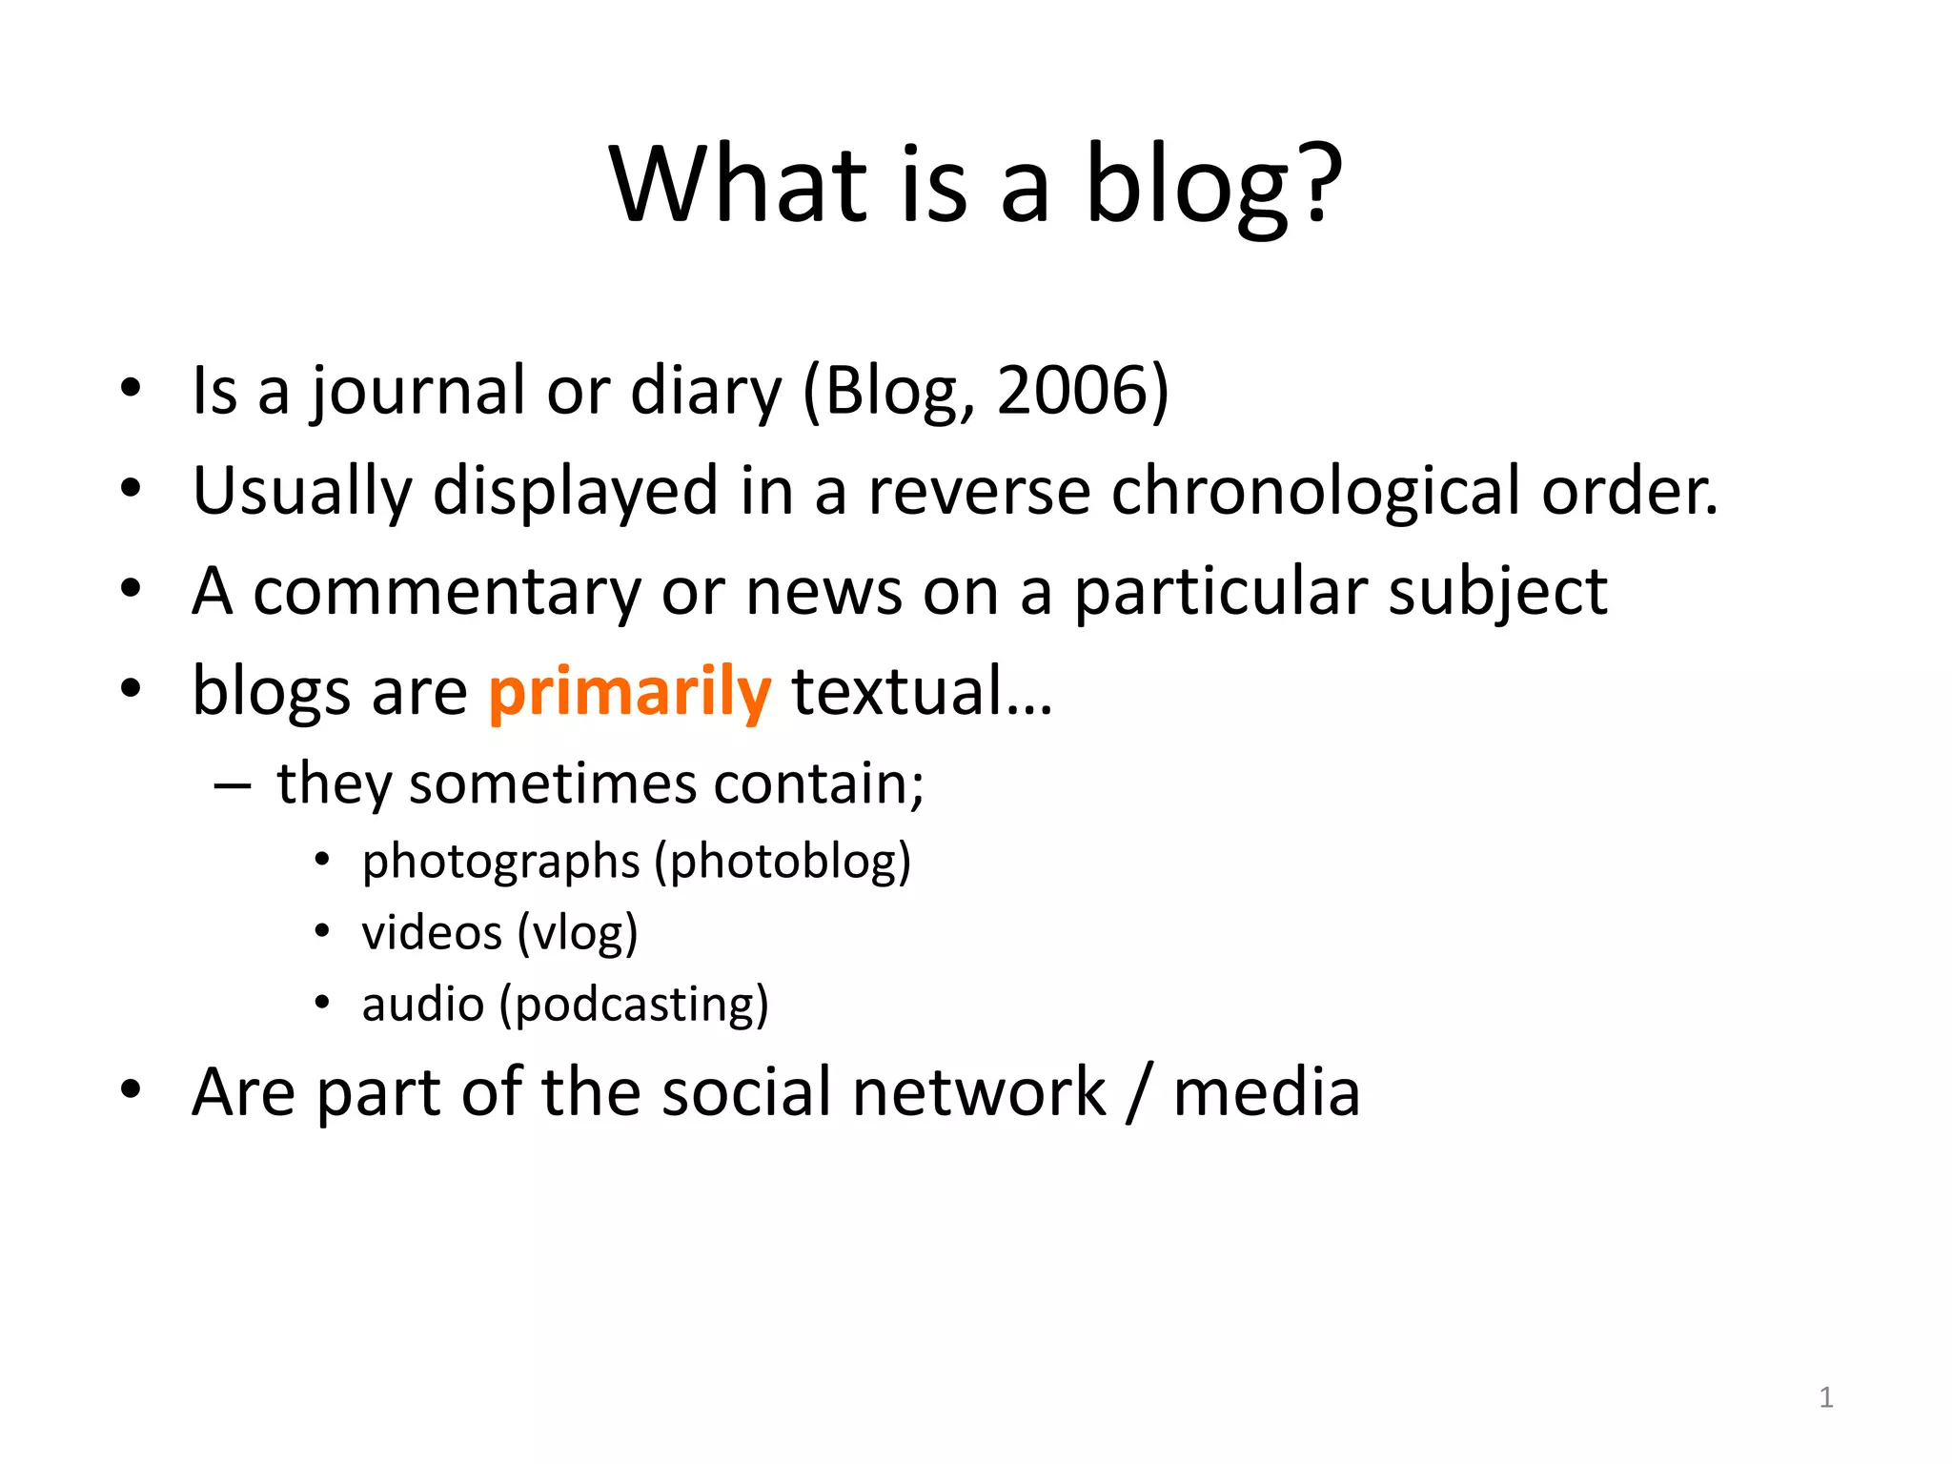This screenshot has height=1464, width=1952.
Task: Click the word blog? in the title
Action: [1213, 186]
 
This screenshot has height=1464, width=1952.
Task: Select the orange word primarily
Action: [629, 692]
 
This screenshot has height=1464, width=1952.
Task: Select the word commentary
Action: [447, 593]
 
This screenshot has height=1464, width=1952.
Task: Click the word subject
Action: [1497, 593]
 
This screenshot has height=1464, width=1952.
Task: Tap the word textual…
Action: [922, 692]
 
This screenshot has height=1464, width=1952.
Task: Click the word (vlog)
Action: [578, 933]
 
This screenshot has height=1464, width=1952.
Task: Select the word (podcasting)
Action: [634, 1005]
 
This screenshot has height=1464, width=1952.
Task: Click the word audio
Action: [422, 1005]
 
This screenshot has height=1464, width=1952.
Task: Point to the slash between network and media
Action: [1137, 1093]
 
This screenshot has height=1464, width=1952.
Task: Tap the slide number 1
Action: [1825, 1398]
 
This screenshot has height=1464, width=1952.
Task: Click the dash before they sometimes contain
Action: [233, 786]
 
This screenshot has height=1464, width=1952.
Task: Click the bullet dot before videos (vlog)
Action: [322, 930]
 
